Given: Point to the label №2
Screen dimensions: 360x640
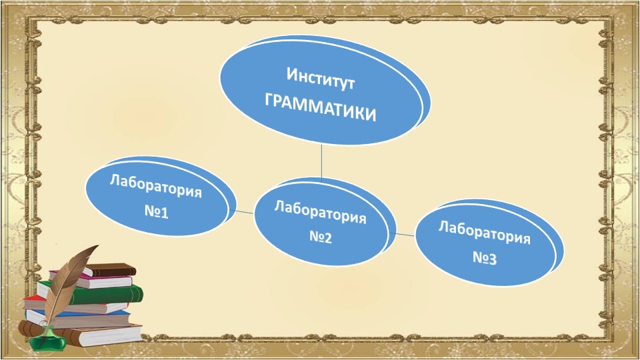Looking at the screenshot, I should (321, 237).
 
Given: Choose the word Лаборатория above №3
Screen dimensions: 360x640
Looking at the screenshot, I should (485, 231).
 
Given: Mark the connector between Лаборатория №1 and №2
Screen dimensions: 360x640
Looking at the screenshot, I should (244, 212).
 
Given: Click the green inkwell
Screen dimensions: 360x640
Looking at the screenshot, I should (48, 341).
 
